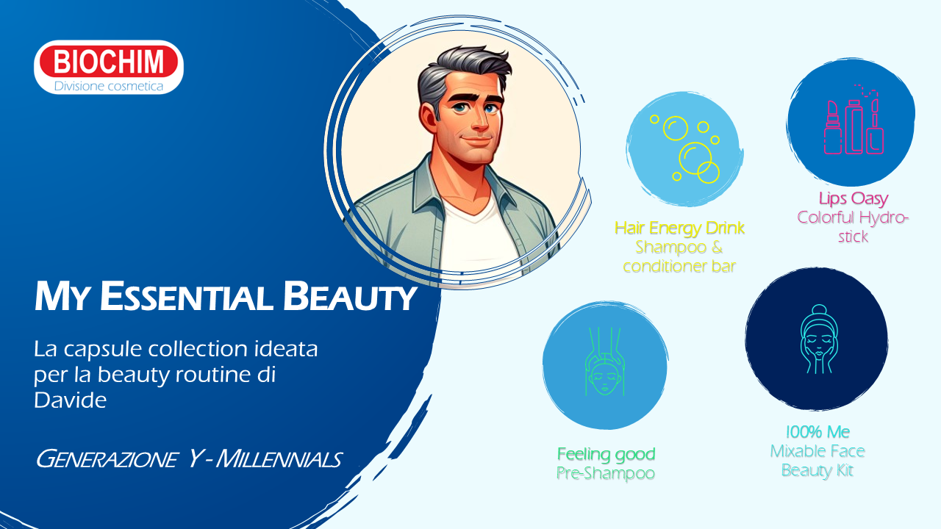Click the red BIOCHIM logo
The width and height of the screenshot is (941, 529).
pos(108,61)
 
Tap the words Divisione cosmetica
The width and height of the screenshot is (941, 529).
pos(108,87)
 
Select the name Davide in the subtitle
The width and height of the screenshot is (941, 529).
pos(70,400)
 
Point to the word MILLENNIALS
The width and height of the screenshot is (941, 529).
pos(279,459)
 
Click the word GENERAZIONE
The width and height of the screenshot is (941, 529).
pos(107,459)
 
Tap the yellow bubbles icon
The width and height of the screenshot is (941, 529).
pos(684,148)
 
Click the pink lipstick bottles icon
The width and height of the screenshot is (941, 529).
pos(854,121)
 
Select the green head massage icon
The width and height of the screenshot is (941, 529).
pos(604,361)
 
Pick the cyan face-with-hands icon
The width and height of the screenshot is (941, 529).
pos(819,339)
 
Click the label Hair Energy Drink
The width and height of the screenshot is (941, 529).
pos(679,228)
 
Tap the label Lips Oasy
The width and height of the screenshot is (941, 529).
pos(854,198)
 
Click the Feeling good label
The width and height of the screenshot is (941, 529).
pos(606,454)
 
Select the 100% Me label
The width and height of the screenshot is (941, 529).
pos(817,431)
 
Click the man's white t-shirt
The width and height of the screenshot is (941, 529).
pos(478,235)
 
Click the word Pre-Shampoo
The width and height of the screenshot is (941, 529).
pos(605,473)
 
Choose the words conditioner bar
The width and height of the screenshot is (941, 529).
pos(679,266)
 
